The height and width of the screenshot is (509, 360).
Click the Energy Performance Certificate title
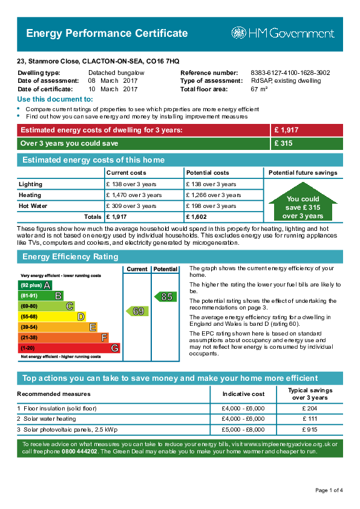click(x=106, y=33)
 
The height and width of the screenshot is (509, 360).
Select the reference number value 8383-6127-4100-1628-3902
click(x=282, y=73)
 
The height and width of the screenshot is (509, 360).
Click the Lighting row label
click(x=30, y=184)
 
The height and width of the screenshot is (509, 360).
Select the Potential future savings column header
click(x=303, y=173)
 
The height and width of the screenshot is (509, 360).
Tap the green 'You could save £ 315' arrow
click(x=303, y=206)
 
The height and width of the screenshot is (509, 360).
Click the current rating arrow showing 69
click(x=137, y=311)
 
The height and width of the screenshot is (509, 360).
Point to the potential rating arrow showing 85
click(x=165, y=297)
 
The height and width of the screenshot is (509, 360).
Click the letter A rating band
click(x=36, y=285)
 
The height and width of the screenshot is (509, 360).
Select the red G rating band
click(x=69, y=348)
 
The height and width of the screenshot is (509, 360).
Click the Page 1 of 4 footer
click(x=329, y=490)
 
